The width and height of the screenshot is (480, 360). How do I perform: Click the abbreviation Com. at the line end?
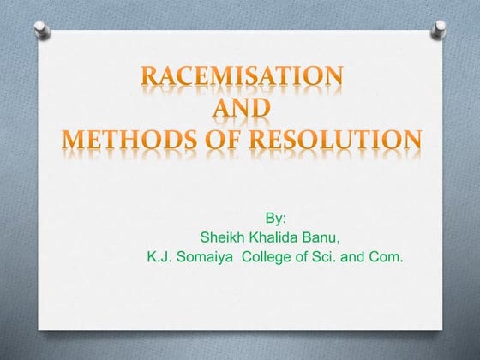pos(385,255)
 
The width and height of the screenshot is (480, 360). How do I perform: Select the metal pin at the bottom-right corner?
pos(440,333)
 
